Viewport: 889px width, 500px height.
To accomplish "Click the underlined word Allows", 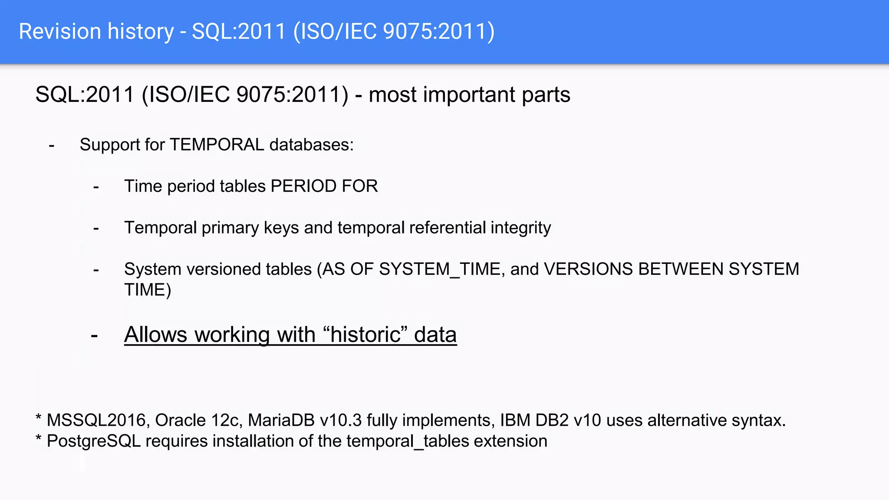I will click(156, 335).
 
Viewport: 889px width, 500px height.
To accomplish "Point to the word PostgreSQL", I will click(94, 441).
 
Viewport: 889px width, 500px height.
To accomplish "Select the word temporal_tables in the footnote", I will click(408, 441).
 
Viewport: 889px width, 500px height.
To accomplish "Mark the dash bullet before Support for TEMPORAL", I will click(52, 145).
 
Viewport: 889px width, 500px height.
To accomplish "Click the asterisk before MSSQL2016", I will click(39, 418).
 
